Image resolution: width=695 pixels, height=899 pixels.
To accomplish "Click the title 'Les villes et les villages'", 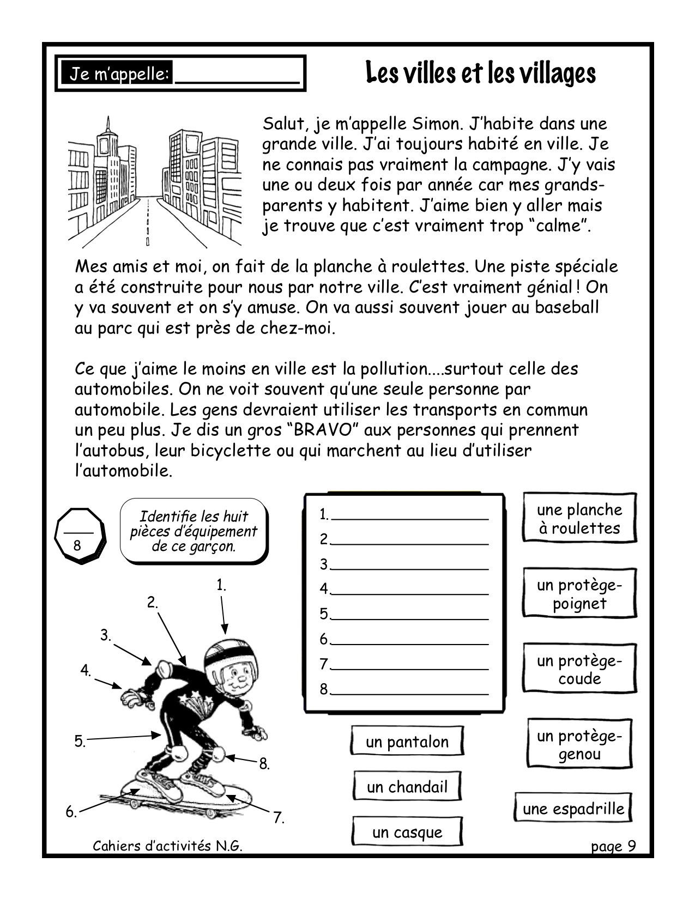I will tap(480, 73).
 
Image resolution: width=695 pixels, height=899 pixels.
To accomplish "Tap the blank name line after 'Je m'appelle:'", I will tap(238, 75).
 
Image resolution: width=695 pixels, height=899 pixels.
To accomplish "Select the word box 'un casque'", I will tap(407, 832).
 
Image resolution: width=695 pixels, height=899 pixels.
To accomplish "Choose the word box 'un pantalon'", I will tap(407, 742).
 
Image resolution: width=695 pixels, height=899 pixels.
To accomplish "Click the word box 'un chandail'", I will tap(407, 787).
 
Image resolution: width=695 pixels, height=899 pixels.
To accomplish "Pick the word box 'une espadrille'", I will tap(573, 809).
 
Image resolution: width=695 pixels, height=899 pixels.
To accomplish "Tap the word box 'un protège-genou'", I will tap(579, 745).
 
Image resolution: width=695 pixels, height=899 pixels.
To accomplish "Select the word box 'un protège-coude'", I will tap(579, 670).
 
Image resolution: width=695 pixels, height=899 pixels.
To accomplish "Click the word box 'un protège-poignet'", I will tap(579, 594).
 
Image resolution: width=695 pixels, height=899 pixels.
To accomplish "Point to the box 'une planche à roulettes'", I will tap(579, 519).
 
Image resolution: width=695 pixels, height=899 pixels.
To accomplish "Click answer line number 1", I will tap(409, 515).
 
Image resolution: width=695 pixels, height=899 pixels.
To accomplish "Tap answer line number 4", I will tap(409, 590).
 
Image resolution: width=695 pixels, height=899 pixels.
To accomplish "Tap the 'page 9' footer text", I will tap(613, 846).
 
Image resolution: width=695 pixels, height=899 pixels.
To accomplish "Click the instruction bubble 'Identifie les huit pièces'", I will tap(193, 531).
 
